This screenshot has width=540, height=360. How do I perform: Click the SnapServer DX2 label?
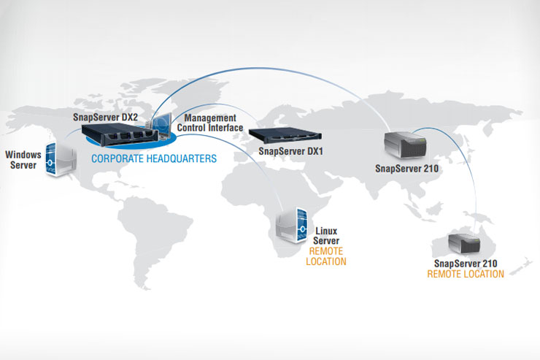click(x=105, y=117)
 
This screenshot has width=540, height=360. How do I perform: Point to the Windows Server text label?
click(x=21, y=159)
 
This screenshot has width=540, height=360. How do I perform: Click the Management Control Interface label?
click(x=209, y=123)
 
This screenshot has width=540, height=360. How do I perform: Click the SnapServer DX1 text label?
click(x=290, y=153)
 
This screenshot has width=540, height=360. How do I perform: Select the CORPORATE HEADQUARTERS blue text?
click(x=153, y=158)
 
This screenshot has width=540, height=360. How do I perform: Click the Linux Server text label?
click(x=326, y=235)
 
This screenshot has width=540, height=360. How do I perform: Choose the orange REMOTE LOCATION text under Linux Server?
click(x=326, y=256)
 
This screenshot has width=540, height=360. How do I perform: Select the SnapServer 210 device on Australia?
click(x=463, y=241)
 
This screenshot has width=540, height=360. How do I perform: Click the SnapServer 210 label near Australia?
click(x=465, y=263)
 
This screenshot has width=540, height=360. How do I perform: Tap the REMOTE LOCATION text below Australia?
click(x=465, y=275)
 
